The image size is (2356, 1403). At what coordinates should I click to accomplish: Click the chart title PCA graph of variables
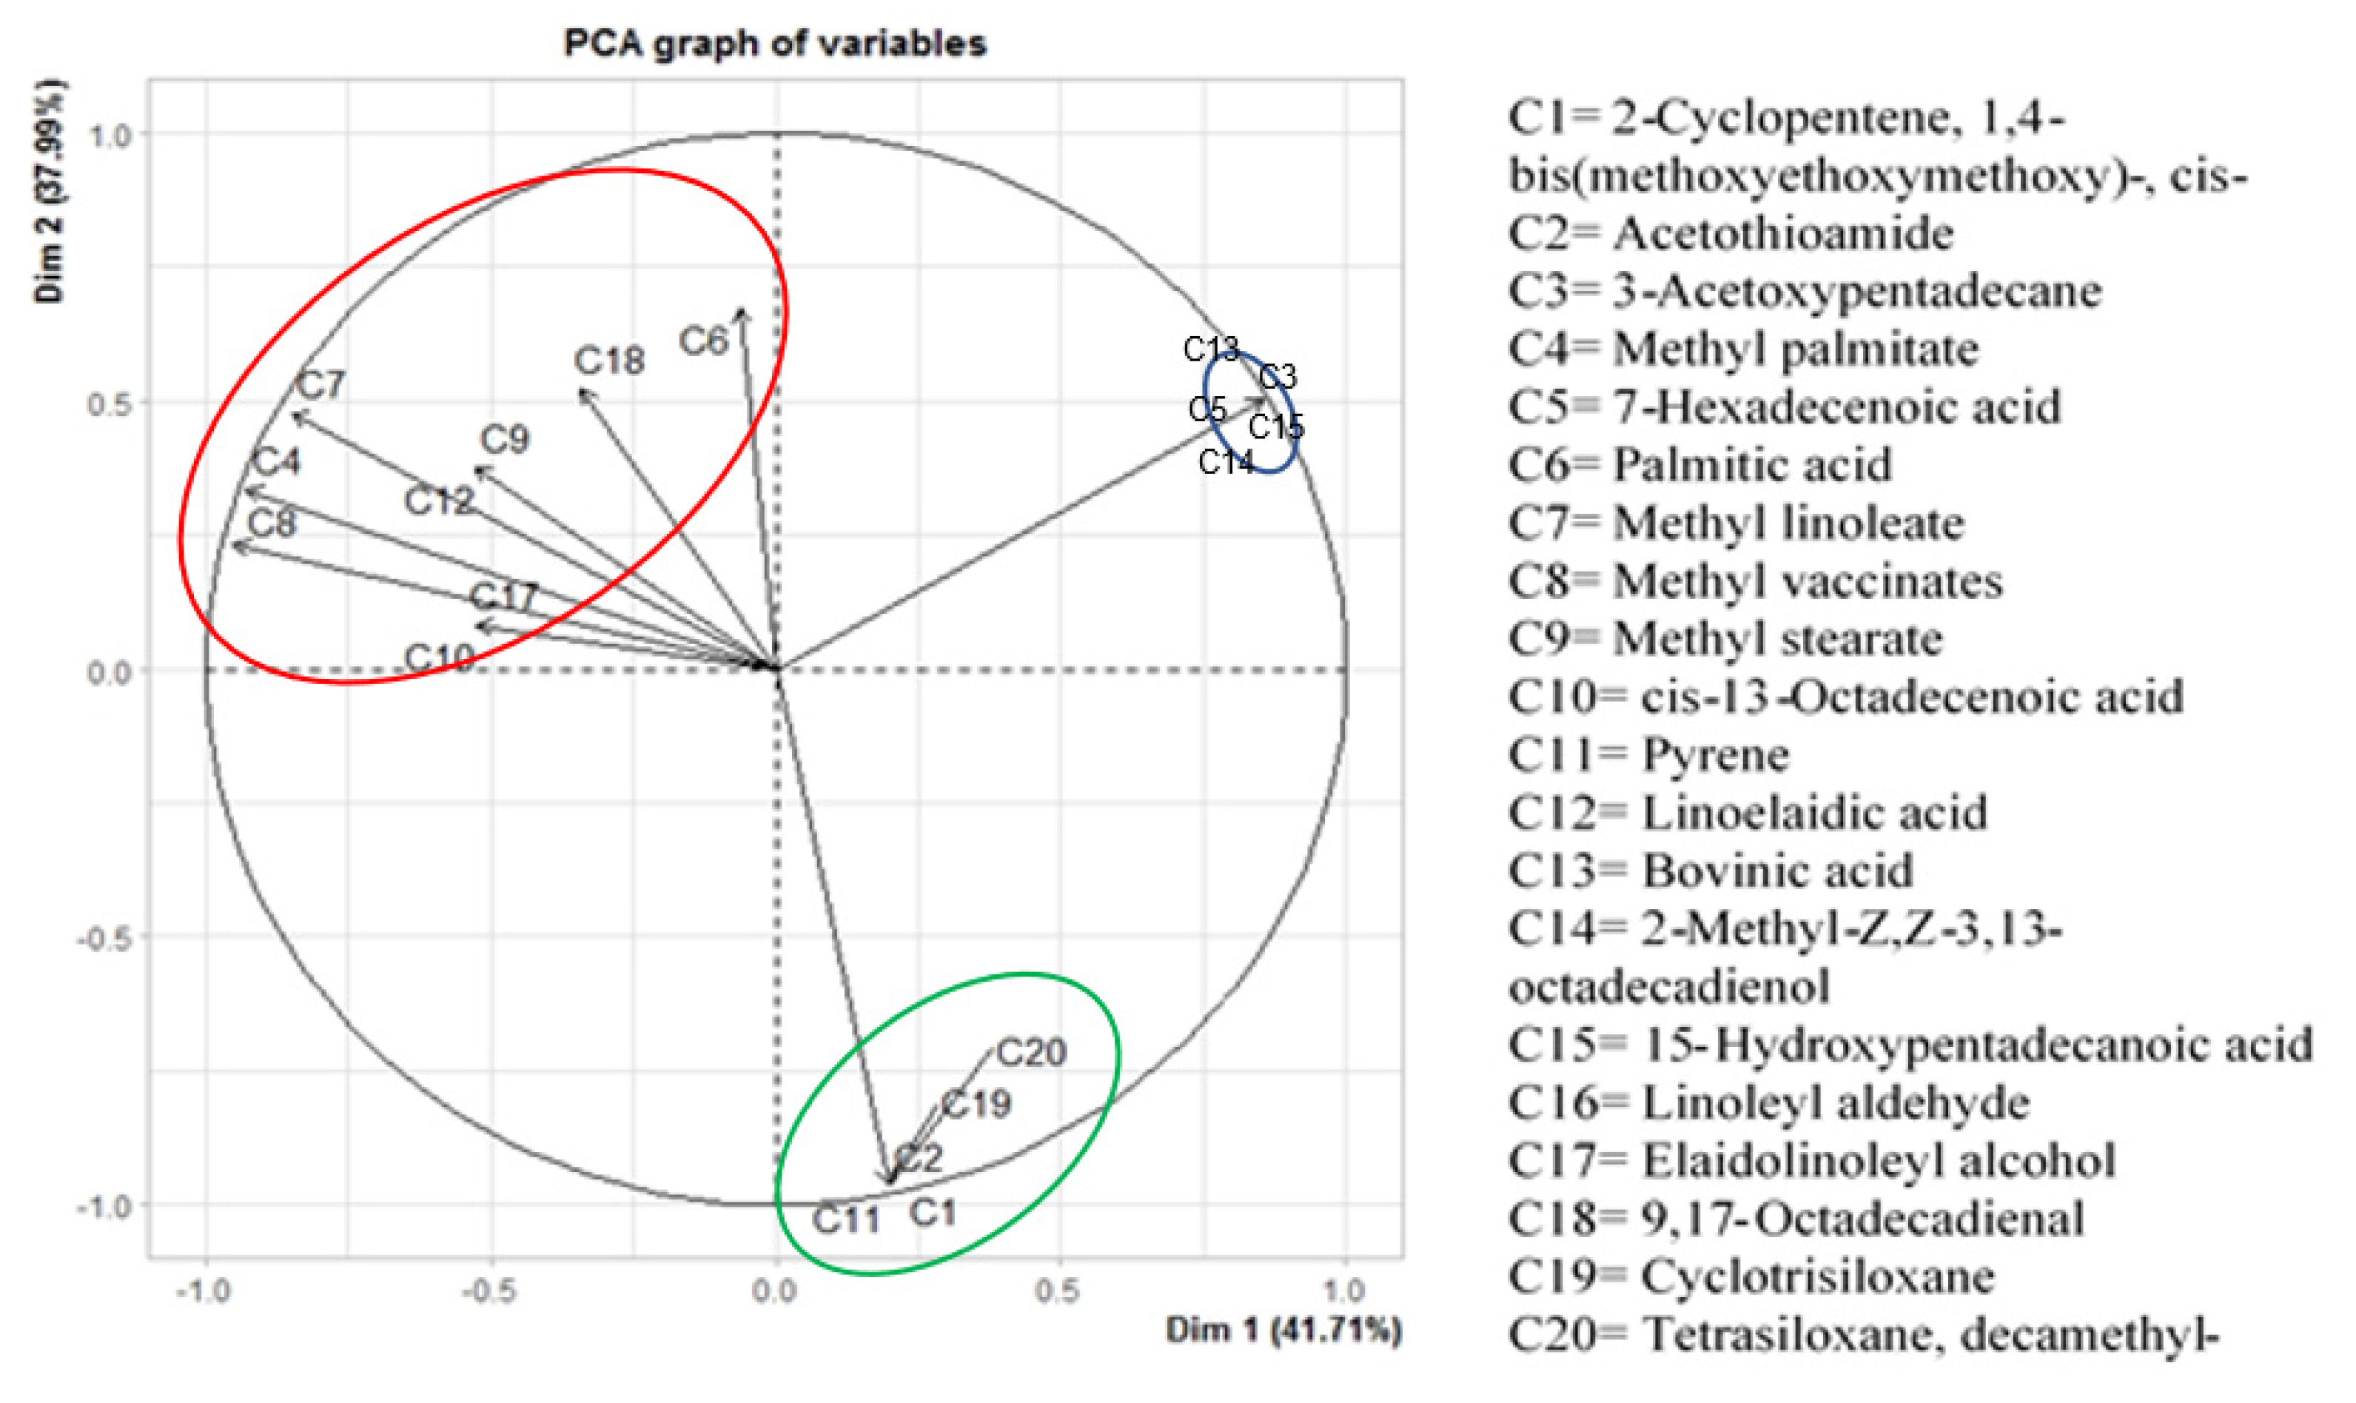point(774,44)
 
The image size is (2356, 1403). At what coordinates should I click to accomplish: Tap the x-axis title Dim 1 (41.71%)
point(1283,1330)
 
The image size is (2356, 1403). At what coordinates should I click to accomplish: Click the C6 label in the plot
point(703,341)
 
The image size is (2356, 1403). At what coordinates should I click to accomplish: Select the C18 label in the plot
point(610,361)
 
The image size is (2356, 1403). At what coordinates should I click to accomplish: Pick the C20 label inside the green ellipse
point(1031,1052)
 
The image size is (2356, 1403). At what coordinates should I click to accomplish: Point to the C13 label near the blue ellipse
point(1209,349)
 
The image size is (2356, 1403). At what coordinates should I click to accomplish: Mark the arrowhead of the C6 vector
point(743,312)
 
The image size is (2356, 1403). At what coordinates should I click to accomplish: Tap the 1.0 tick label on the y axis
point(110,135)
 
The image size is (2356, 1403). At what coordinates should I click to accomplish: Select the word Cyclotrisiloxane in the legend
point(1817,1276)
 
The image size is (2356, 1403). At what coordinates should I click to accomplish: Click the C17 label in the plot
point(504,597)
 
